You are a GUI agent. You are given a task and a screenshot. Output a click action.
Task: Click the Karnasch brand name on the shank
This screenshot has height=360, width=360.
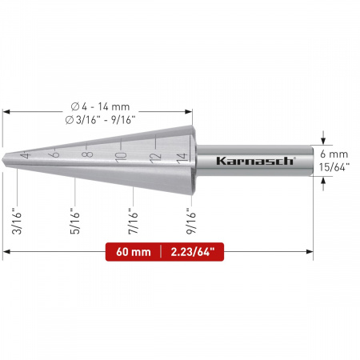click(255, 161)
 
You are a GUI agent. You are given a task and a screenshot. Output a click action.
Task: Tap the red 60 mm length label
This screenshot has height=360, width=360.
click(134, 252)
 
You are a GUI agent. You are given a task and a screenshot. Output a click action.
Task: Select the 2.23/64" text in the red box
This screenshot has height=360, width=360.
click(193, 252)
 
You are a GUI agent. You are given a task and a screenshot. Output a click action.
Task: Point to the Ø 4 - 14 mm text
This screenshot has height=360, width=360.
click(100, 106)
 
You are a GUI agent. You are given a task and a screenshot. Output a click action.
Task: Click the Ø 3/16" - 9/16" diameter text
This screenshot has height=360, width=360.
click(100, 120)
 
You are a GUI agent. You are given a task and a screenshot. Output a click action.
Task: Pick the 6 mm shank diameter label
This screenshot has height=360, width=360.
click(334, 154)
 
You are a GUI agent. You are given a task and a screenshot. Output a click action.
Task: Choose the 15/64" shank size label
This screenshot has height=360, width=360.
click(334, 167)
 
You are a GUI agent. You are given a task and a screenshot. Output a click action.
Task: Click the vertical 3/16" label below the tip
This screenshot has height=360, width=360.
click(17, 223)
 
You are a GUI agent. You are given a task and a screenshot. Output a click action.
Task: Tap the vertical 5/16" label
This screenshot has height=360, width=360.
click(75, 221)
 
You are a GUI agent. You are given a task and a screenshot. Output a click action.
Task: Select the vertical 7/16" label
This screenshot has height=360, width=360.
click(133, 221)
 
